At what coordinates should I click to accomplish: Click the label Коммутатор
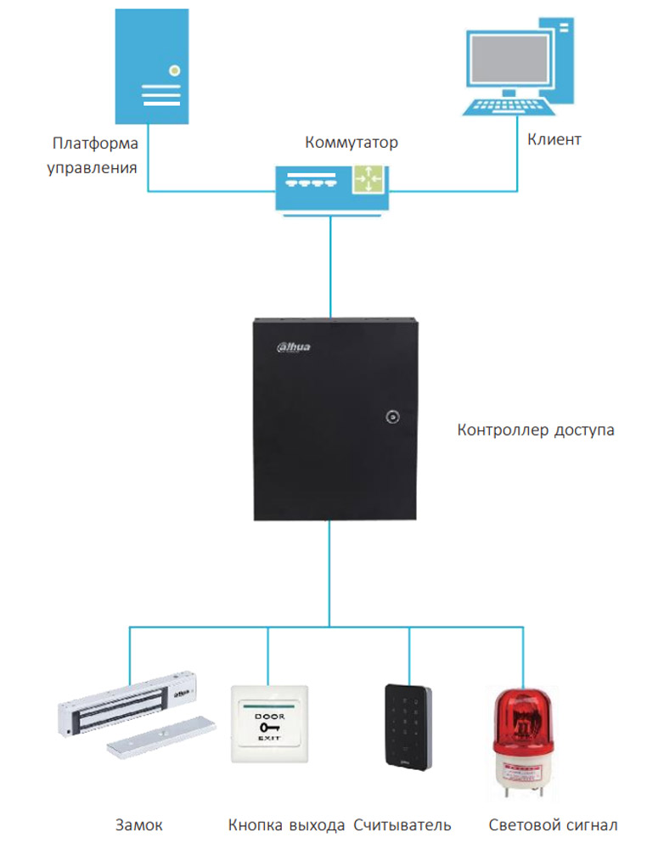[351, 143]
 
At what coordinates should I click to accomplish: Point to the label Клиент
[554, 139]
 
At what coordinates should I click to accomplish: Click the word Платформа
[94, 143]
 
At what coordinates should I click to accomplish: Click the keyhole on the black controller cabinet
[392, 417]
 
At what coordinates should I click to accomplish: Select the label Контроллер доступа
[536, 430]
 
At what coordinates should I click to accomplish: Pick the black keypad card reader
[408, 726]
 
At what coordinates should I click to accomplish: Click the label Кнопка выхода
[286, 824]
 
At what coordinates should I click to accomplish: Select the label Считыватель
[402, 824]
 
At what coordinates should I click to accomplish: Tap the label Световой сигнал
[553, 824]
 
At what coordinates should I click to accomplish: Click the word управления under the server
[92, 167]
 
